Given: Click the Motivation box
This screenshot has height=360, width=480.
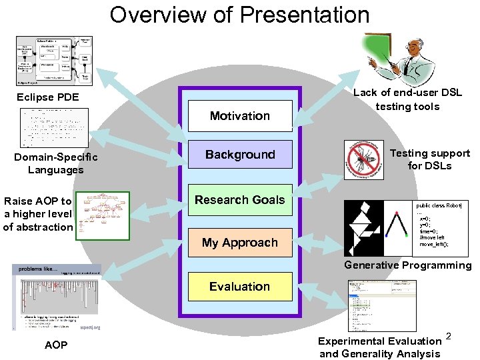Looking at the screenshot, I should pos(240,116).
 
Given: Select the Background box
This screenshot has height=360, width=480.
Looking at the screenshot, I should pos(240,154).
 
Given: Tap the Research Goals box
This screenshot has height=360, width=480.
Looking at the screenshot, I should pos(240,199).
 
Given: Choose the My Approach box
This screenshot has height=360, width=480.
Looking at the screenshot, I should pos(240,243).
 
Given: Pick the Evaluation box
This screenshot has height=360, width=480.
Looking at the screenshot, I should pos(240,287).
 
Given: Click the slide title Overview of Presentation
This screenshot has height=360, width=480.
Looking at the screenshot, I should pos(240,14).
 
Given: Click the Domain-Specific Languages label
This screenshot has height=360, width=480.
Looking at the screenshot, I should pos(56,163).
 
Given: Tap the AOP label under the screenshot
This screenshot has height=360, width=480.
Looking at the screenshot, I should pos(55,345).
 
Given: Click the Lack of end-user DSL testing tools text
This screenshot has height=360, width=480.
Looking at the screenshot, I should pos(407,99).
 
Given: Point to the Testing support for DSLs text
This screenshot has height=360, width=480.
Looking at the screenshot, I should pos(430,159).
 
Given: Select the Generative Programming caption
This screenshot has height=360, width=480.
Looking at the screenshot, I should pos(407,265).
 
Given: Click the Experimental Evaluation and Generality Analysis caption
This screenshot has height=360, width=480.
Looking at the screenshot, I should pos(380,347).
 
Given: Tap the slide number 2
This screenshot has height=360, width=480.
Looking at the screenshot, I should pos(449,335).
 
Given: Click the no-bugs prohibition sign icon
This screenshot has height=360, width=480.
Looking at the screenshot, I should pos(365,160).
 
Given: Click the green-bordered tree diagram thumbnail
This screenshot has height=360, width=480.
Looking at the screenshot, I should pos(102,215).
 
